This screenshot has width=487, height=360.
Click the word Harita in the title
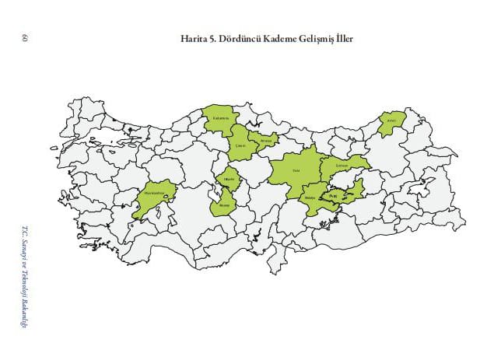click(x=194, y=38)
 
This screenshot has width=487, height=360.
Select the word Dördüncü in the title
click(x=243, y=38)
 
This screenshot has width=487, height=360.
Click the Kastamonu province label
click(x=219, y=119)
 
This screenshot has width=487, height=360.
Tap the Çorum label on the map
click(x=240, y=145)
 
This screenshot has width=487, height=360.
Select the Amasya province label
click(x=265, y=141)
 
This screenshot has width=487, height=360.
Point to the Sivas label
click(x=296, y=170)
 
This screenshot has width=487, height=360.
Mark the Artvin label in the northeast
click(x=392, y=121)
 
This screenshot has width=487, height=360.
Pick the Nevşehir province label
click(x=225, y=205)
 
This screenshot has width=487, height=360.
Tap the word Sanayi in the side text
click(x=25, y=248)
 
